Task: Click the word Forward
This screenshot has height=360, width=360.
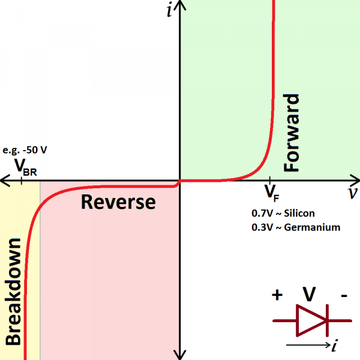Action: pyautogui.click(x=292, y=133)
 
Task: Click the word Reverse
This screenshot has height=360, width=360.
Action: pyautogui.click(x=118, y=202)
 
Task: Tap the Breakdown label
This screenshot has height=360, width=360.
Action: pyautogui.click(x=13, y=292)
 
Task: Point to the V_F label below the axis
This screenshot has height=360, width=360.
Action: pyautogui.click(x=272, y=193)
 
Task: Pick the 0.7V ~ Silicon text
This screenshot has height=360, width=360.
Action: pyautogui.click(x=283, y=213)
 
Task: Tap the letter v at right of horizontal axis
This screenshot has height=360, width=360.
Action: pyautogui.click(x=352, y=193)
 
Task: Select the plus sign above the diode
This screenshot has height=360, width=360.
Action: pyautogui.click(x=277, y=295)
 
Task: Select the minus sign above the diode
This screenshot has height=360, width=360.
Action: pyautogui.click(x=344, y=295)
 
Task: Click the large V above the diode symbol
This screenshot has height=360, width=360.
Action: pyautogui.click(x=310, y=294)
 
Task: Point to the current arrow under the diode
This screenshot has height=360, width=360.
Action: pyautogui.click(x=306, y=346)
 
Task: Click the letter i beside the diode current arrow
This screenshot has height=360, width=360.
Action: pyautogui.click(x=334, y=346)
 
